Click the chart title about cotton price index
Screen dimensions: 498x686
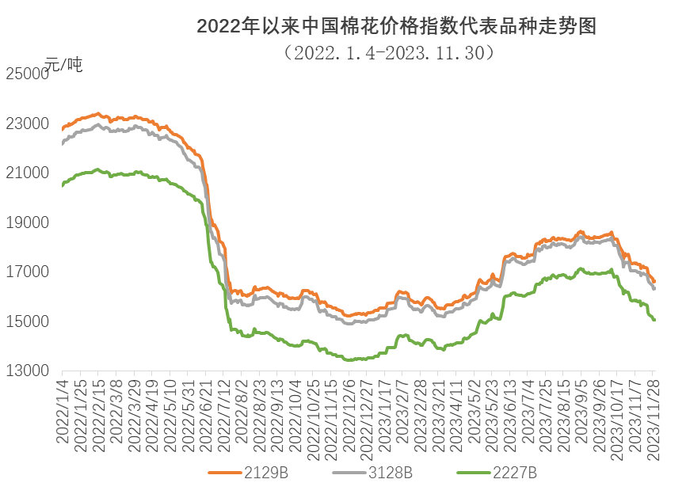coord(396,27)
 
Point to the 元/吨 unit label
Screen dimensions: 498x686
coord(63,65)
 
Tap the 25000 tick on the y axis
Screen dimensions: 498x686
coord(27,74)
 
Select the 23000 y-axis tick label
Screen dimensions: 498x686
coord(27,124)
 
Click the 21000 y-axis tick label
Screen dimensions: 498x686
coord(27,173)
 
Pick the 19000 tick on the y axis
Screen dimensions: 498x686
coord(27,222)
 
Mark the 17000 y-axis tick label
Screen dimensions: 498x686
coord(27,272)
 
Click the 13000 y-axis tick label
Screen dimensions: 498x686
coord(27,371)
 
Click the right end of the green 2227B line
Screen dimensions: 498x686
coord(654,320)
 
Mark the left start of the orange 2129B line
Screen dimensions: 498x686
coord(63,128)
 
